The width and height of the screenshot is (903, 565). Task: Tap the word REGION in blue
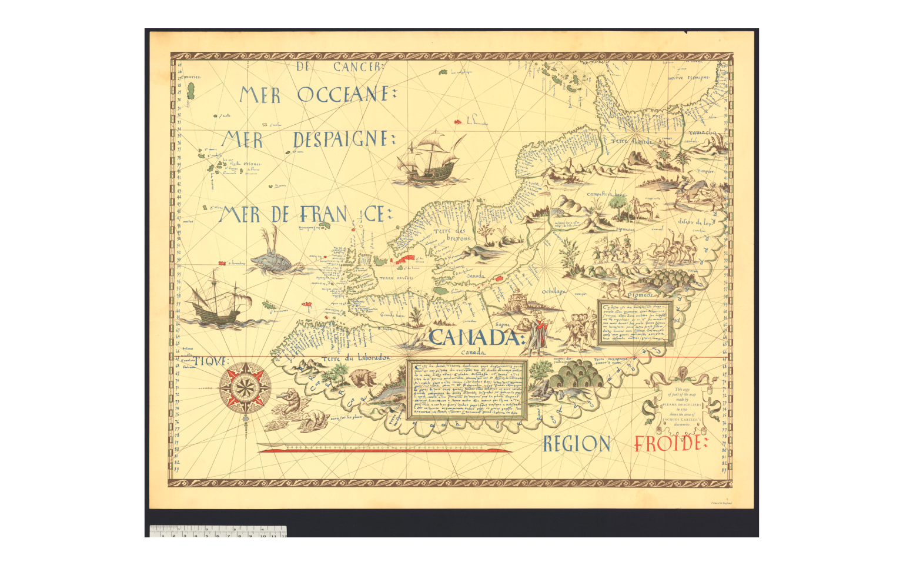click(576, 444)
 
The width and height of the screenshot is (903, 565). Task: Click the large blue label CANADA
click(476, 338)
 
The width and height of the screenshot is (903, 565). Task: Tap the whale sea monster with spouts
click(273, 259)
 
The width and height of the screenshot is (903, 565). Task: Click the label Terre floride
click(627, 141)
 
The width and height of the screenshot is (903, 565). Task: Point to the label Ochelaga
click(553, 291)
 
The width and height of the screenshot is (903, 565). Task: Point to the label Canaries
click(190, 76)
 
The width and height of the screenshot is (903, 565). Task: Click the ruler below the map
click(218, 532)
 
